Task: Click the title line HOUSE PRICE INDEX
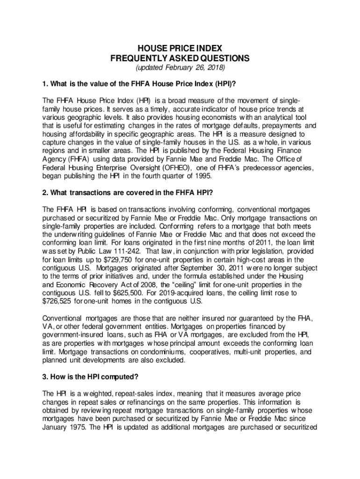click(180, 48)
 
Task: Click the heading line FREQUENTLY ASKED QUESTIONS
click(180, 58)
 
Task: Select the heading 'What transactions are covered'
click(127, 192)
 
